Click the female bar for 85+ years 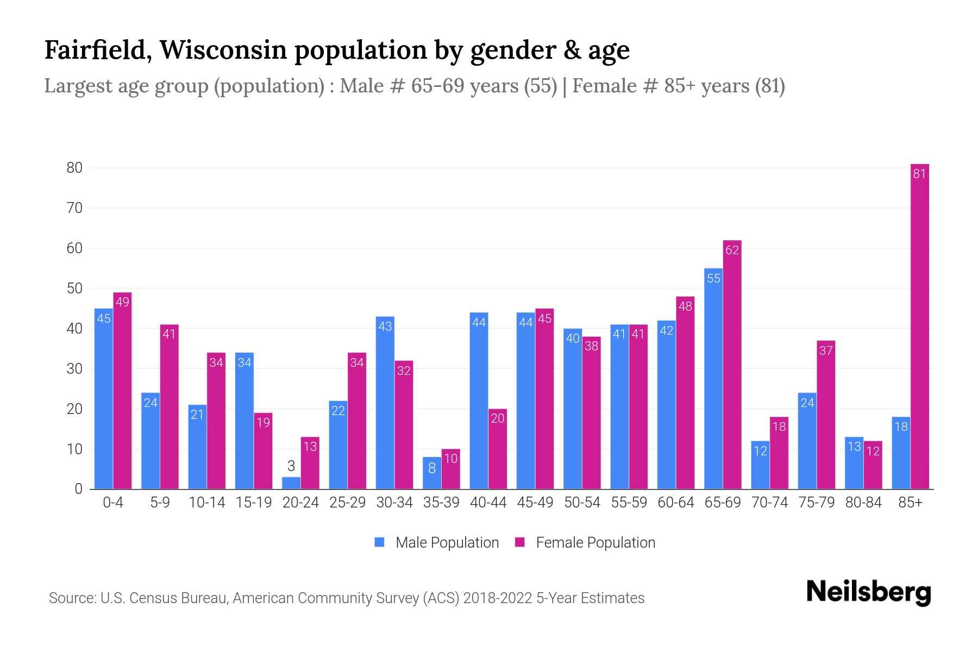919,326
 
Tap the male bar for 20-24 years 291,483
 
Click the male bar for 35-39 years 432,473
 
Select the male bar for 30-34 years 385,403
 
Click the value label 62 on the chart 732,250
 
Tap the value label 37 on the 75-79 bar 826,350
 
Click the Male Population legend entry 437,542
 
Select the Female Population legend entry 585,542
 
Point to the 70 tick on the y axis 74,208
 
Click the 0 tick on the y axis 79,489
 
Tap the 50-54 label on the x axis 582,503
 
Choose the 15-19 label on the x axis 254,503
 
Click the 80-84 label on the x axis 863,503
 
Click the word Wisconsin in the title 223,50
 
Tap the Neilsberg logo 868,592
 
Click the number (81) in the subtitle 769,86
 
